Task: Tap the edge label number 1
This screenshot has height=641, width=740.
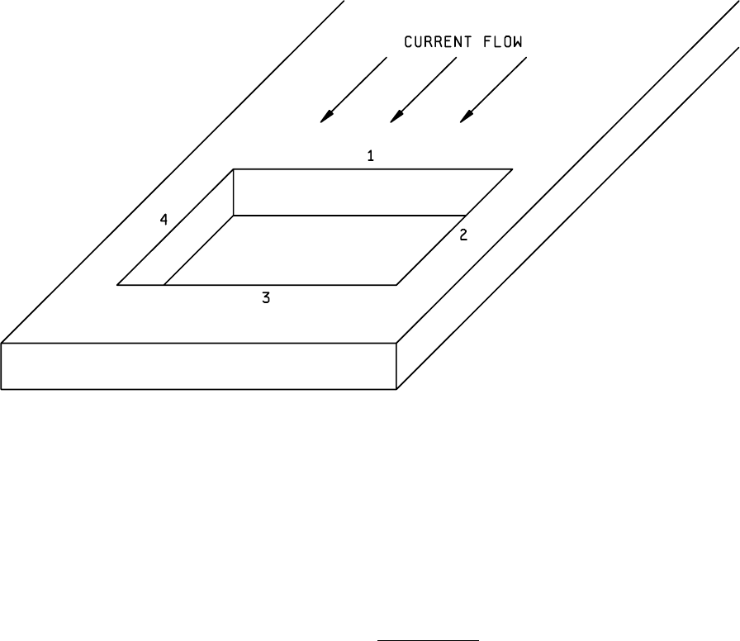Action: [371, 155]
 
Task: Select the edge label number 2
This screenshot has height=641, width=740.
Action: [463, 235]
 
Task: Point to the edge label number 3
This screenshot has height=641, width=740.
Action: [266, 299]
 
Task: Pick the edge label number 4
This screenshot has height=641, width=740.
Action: [164, 220]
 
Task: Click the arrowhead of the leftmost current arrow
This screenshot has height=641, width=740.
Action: [326, 118]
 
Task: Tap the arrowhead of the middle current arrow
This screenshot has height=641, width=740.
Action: [396, 118]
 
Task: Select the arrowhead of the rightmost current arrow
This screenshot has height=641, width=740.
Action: [466, 118]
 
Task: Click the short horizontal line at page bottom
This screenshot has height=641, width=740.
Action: [428, 639]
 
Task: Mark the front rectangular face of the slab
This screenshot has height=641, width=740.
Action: [199, 366]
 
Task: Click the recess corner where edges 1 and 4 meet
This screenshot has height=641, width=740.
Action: [234, 169]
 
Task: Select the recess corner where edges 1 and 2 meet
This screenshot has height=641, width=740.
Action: [511, 169]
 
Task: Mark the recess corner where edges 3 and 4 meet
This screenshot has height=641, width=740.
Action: [118, 285]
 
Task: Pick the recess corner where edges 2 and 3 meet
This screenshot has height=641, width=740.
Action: [396, 285]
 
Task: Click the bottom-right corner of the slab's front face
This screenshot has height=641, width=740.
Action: [398, 389]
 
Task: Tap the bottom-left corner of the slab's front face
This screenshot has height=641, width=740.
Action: [2, 389]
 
